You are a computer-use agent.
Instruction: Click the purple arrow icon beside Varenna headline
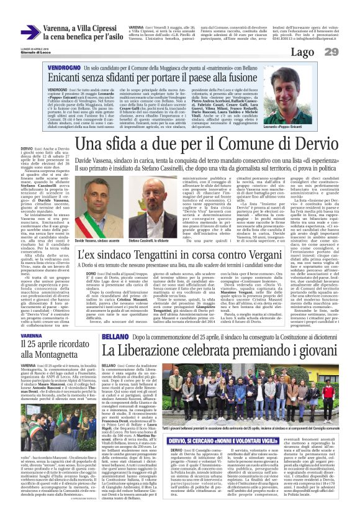point(30,32)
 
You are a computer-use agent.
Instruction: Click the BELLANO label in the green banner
point(115,335)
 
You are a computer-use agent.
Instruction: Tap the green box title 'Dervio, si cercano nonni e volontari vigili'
point(196,424)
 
